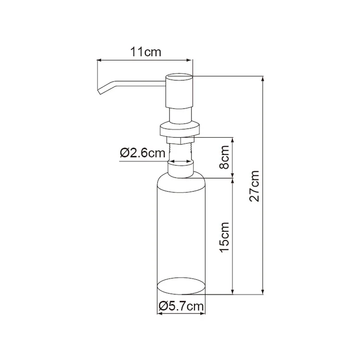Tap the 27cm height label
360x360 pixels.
(x=255, y=186)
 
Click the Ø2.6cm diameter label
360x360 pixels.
(x=143, y=153)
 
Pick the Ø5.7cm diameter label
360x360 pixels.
(x=181, y=305)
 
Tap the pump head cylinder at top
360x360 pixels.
(x=180, y=91)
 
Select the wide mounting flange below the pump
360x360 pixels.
(x=180, y=129)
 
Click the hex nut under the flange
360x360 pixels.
(x=180, y=140)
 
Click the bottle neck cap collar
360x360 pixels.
(x=180, y=169)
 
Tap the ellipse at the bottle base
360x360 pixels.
(x=181, y=286)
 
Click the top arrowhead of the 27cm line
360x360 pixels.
(x=263, y=78)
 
